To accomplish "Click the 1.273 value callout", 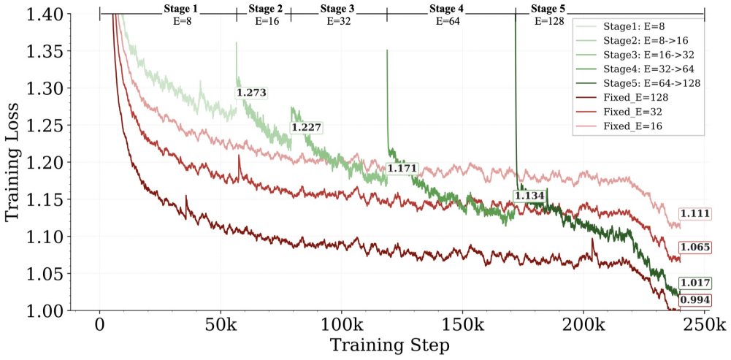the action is [251, 93].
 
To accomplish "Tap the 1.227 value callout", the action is [306, 127].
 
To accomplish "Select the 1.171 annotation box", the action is [402, 169].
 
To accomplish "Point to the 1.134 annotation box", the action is [529, 196].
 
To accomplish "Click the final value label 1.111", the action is [694, 213].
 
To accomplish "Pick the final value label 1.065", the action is [694, 247].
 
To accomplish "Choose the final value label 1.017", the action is [694, 283].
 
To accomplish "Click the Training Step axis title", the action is [390, 345].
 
